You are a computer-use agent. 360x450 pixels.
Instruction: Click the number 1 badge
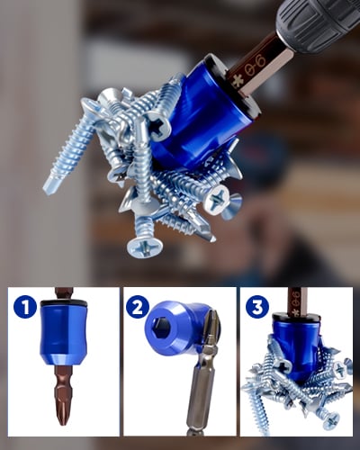(x=25, y=307)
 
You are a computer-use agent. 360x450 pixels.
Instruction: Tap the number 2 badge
(x=138, y=307)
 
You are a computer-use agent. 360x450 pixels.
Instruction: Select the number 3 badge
(x=257, y=307)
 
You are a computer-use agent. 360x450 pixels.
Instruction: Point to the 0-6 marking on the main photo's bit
(x=256, y=66)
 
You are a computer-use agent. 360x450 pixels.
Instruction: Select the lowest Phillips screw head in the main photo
(x=145, y=247)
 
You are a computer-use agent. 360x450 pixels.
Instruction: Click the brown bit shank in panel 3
(x=294, y=301)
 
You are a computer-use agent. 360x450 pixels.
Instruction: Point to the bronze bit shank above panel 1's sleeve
(x=61, y=294)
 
